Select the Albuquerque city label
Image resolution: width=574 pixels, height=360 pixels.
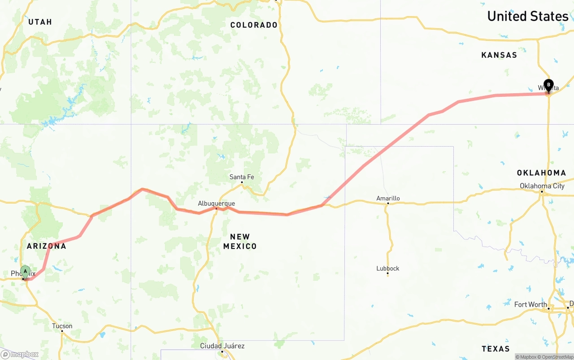pos(216,204)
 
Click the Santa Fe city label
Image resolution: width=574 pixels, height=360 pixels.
pos(242,177)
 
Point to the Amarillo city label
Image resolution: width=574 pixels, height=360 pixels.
pos(388,198)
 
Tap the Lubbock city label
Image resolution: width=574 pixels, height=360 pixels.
pos(388,269)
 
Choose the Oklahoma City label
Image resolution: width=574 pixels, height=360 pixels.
pos(542,186)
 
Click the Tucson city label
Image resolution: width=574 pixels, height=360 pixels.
pos(62,326)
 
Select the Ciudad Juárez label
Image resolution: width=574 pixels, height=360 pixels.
pos(222,346)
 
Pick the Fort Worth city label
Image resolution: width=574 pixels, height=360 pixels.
pos(531,304)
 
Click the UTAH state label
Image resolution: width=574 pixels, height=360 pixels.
pos(40,22)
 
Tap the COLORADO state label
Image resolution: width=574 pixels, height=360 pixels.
pos(254,25)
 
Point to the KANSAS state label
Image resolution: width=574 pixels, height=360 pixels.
pos(499,55)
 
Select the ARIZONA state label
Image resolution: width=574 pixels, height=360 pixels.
pos(46,246)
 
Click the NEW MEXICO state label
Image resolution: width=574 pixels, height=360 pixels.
pos(240,241)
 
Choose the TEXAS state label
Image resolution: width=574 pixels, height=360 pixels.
pos(496,349)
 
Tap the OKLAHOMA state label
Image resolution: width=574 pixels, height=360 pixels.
pos(541,173)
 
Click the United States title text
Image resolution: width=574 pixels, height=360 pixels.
pos(527,16)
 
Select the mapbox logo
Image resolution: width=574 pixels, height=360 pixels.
pos(20,354)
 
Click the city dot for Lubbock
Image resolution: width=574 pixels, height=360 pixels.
pos(388,274)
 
